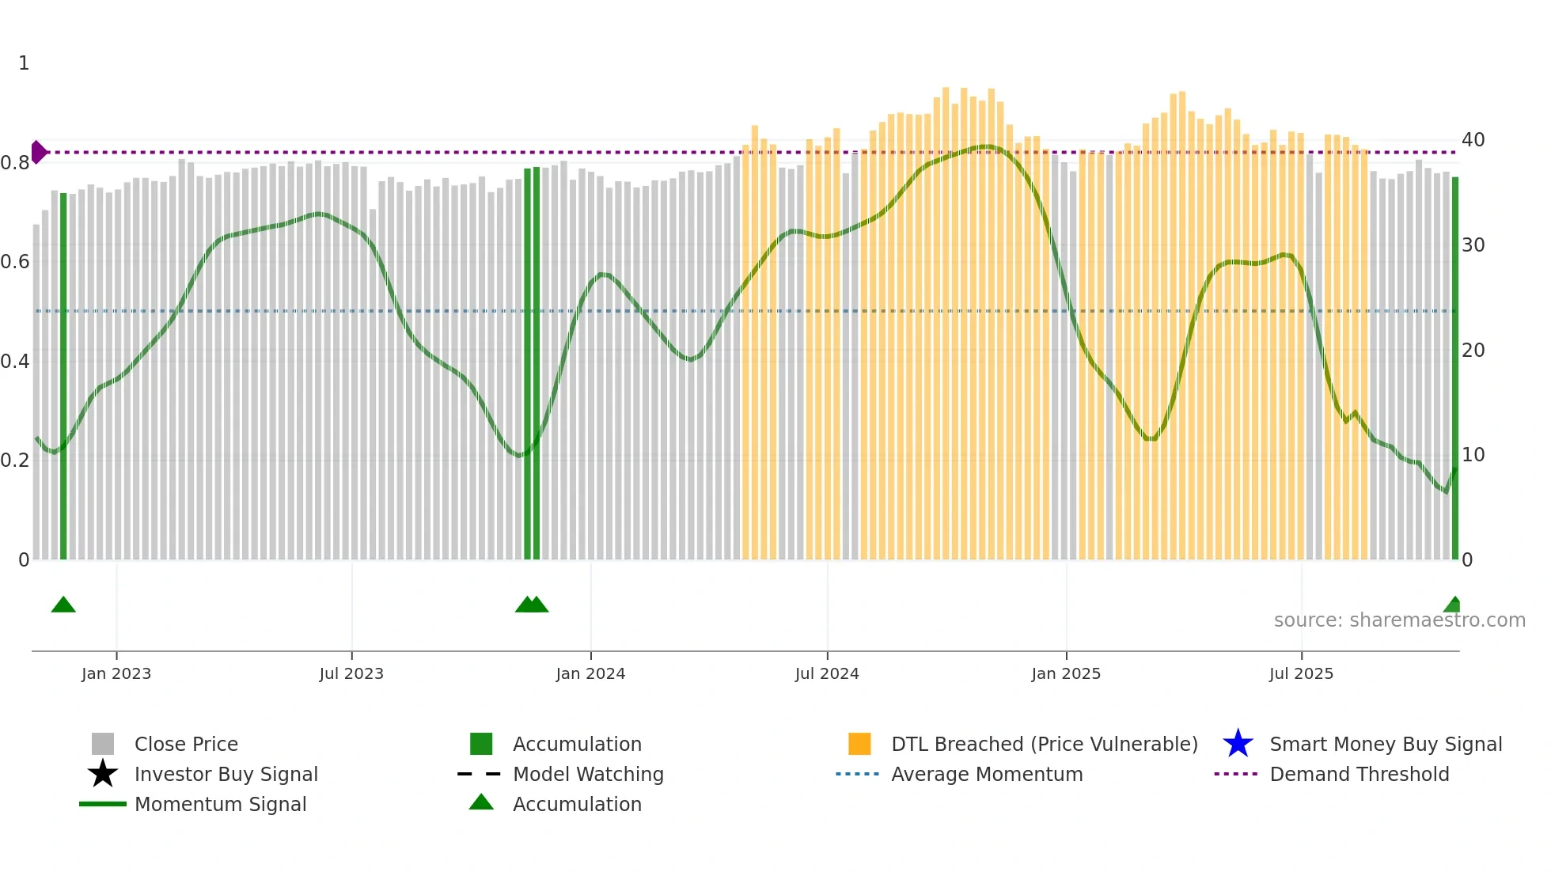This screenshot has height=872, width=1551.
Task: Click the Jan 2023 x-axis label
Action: click(116, 673)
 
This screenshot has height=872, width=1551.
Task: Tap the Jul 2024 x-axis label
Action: click(827, 673)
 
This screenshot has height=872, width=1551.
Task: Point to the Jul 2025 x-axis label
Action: click(1301, 673)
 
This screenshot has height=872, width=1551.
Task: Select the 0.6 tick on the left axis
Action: click(15, 262)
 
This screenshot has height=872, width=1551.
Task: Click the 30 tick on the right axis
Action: click(1473, 245)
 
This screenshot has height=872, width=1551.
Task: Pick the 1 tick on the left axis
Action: click(24, 63)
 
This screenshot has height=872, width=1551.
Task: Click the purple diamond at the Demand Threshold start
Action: click(38, 152)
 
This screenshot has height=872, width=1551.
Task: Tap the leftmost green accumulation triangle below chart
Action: click(63, 605)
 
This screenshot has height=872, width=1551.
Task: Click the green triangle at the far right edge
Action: click(1453, 605)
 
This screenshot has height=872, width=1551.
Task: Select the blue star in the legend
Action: click(1238, 744)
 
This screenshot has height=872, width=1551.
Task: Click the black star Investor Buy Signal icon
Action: click(103, 774)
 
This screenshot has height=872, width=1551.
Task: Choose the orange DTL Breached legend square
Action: click(859, 744)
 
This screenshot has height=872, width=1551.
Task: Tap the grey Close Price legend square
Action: click(103, 744)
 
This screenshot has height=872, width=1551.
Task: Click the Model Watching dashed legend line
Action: click(480, 774)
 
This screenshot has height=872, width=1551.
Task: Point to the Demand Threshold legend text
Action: click(1359, 774)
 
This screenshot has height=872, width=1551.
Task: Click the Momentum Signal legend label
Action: click(220, 804)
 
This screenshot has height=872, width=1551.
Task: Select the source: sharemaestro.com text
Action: click(1399, 620)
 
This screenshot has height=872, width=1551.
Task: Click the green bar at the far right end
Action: click(1454, 368)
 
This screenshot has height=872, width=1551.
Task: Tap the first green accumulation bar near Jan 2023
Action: click(63, 376)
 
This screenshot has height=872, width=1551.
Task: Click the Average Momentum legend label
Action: click(986, 774)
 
